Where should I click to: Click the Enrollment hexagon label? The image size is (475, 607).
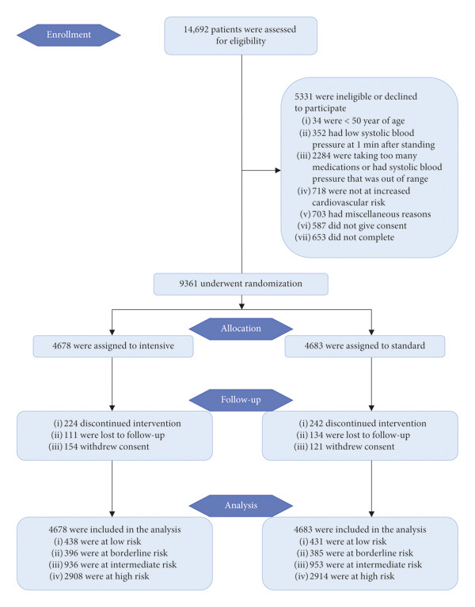tap(69, 35)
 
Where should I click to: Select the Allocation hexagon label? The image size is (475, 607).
tap(241, 329)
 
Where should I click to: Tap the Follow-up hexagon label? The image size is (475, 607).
tap(241, 400)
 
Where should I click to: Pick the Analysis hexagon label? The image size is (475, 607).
tap(241, 506)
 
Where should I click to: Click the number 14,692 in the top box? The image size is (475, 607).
tap(196, 30)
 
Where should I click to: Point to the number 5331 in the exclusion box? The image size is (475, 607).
tap(304, 96)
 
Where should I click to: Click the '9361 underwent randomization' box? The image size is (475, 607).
tap(241, 285)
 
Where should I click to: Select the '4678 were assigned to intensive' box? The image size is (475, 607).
tap(113, 346)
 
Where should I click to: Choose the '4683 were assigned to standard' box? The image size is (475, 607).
tap(365, 346)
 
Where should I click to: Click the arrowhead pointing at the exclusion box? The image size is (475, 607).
tap(278, 171)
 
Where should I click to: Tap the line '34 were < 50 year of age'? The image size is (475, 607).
tap(359, 121)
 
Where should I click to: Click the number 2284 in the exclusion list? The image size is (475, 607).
tap(321, 156)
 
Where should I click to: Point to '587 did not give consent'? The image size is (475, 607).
tap(359, 226)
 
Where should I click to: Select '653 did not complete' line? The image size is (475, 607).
tap(353, 237)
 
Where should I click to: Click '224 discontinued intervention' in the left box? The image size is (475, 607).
tap(123, 424)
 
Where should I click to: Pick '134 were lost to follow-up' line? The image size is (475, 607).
tap(359, 435)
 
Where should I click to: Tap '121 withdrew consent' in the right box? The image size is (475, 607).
tap(351, 447)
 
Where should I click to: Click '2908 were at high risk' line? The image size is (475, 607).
tap(107, 576)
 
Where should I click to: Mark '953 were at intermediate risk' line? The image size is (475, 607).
tap(366, 565)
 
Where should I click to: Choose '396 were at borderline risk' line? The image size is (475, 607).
tap(116, 553)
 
